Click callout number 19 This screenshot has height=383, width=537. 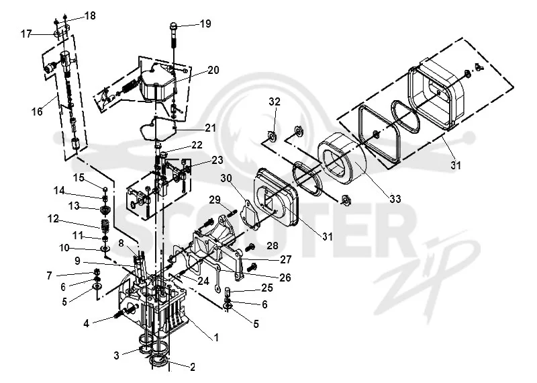pos(205,24)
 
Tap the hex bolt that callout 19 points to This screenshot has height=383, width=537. pos(174,38)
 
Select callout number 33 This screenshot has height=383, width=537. pos(395,198)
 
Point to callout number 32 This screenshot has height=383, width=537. pos(275,101)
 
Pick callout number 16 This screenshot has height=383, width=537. pos(37,112)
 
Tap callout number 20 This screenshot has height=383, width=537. pos(213,70)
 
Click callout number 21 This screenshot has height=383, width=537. pos(210,128)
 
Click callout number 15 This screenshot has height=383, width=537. pos(79,177)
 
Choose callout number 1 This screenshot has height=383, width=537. pos(216,337)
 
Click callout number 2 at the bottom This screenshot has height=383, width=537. pos(193,368)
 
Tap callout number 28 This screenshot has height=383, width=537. pos(273,245)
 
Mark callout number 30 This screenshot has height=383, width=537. pos(226,178)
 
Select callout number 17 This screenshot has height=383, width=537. pos(26,34)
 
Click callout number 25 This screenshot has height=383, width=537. pos(267,288)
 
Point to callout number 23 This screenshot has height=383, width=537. pos(217,160)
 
